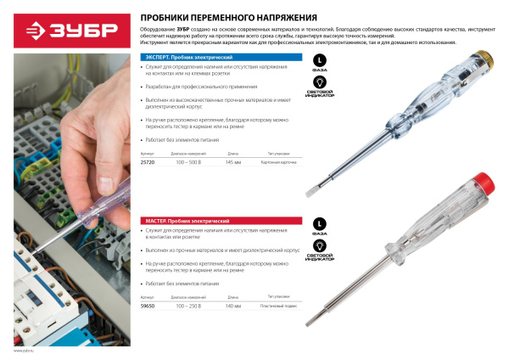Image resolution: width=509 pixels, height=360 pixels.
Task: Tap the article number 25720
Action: click(x=146, y=161)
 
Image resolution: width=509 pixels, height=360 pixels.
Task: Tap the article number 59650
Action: click(x=146, y=306)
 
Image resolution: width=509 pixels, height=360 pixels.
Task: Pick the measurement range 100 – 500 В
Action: click(x=185, y=161)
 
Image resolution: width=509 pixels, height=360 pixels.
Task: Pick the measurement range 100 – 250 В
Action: click(x=185, y=306)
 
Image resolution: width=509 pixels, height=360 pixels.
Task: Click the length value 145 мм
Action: click(x=233, y=161)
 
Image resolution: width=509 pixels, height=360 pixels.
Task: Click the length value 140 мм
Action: click(x=233, y=306)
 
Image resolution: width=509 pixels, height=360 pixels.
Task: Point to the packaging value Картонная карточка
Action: click(x=282, y=161)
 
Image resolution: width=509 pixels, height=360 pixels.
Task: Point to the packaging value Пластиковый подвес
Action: click(x=282, y=306)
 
